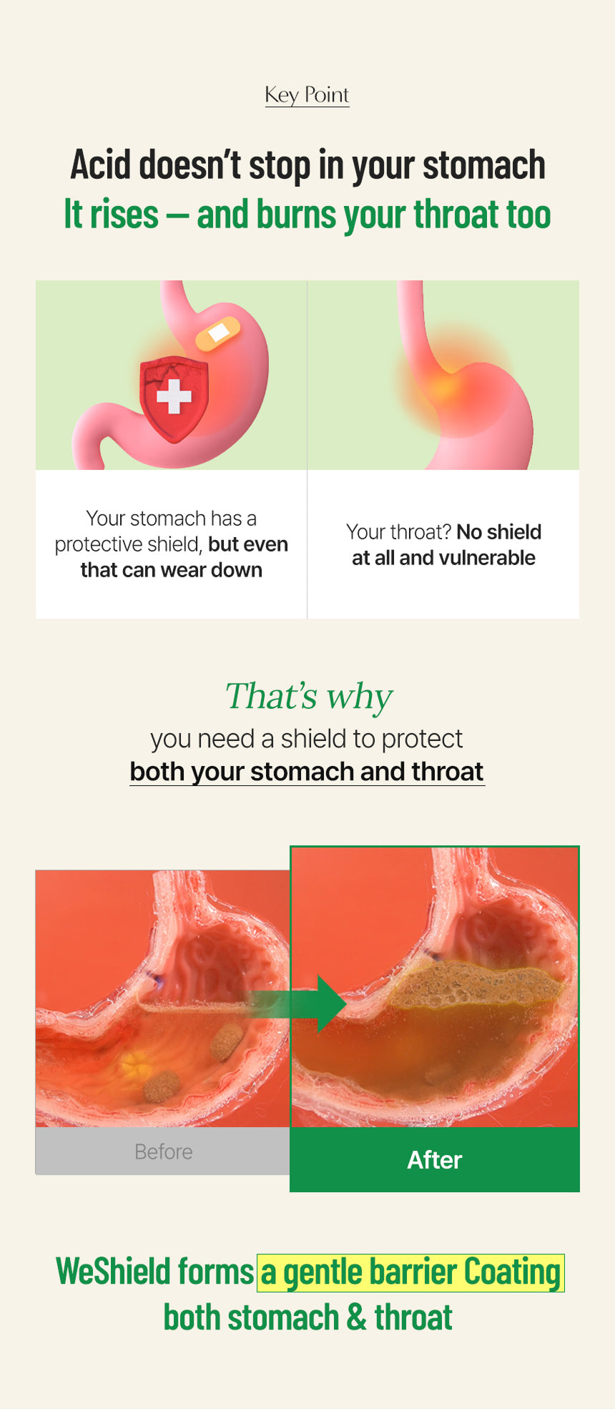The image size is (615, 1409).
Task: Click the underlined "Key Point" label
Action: pos(307,95)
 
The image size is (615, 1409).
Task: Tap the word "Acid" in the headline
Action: pos(101,165)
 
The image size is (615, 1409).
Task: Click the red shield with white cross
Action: pos(174,398)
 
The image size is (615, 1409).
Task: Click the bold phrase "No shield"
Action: pos(499,532)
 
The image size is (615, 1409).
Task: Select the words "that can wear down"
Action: pos(172,570)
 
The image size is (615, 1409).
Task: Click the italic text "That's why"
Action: pos(309,697)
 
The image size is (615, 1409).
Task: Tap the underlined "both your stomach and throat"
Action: pos(307,772)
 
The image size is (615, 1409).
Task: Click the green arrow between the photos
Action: pos(297,1003)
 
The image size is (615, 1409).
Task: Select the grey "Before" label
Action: pos(164,1152)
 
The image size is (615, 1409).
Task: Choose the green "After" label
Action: pos(435,1160)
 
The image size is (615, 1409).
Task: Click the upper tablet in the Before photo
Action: pos(227,1041)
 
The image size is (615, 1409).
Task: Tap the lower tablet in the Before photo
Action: pos(162,1086)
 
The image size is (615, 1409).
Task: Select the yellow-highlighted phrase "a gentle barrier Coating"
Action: pos(411,1273)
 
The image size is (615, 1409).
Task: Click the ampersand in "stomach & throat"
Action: pos(356,1318)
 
